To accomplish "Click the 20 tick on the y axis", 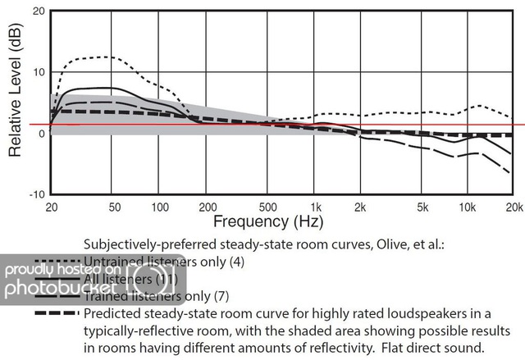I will tap(38, 12).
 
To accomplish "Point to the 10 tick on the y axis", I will tap(38, 72).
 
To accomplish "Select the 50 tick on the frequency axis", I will tap(114, 206).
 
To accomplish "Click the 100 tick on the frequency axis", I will tap(160, 206).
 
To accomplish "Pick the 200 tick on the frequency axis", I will tap(208, 206).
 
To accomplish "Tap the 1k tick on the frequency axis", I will tap(317, 206).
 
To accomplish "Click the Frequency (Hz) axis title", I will tap(268, 221).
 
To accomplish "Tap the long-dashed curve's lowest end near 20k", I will tap(511, 173).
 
